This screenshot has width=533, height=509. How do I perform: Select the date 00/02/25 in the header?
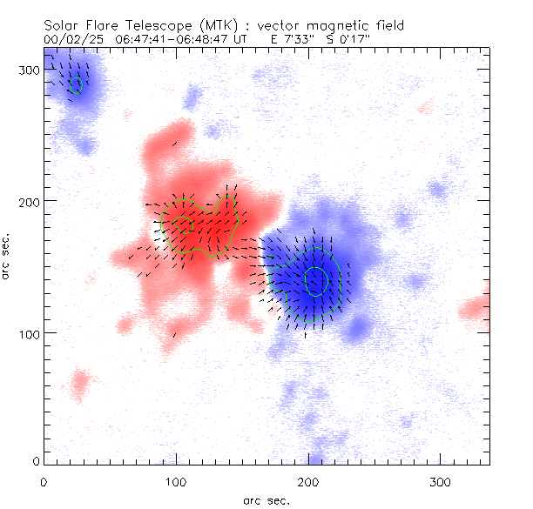tap(73, 40)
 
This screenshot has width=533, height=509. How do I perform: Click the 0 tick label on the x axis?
tap(44, 481)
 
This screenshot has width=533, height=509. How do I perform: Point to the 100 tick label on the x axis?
tap(176, 481)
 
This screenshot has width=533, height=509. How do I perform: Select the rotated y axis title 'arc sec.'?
tap(6, 255)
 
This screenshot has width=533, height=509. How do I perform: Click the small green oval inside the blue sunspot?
tap(316, 280)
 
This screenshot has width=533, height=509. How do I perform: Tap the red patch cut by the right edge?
tap(476, 306)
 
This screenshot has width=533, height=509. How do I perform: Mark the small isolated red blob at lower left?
tap(80, 381)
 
